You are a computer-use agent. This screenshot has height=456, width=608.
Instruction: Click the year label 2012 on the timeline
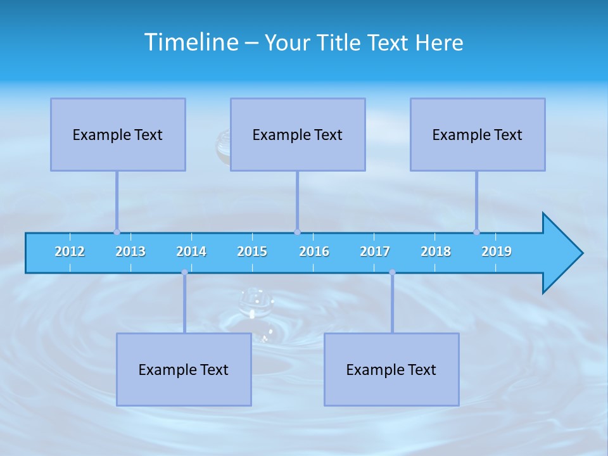point(70,251)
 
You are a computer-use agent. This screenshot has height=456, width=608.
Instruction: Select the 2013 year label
point(130,251)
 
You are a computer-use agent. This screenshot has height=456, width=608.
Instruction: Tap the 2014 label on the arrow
point(191,251)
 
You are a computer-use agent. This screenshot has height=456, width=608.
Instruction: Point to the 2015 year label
point(252,251)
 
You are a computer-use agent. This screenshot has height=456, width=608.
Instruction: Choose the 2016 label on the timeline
point(314,251)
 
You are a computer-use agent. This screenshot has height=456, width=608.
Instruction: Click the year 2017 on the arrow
point(375,251)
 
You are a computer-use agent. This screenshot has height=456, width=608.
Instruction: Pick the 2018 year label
point(436,251)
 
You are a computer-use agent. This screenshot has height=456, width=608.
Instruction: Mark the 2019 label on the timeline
point(497,251)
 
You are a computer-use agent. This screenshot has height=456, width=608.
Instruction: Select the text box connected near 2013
point(118,134)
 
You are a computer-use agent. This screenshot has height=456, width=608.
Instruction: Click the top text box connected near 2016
point(298,134)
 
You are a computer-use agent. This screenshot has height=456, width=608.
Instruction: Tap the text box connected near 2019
point(478,134)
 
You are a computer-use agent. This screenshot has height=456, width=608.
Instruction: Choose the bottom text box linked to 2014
point(184,369)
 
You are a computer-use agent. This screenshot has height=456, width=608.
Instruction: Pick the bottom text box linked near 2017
point(391,369)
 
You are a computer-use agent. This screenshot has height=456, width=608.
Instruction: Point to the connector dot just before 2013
point(117,232)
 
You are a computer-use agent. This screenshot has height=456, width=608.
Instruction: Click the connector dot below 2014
point(184,272)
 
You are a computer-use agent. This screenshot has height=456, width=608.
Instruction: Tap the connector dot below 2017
point(392,272)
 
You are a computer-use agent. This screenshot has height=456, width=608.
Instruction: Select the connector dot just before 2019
point(476,232)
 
